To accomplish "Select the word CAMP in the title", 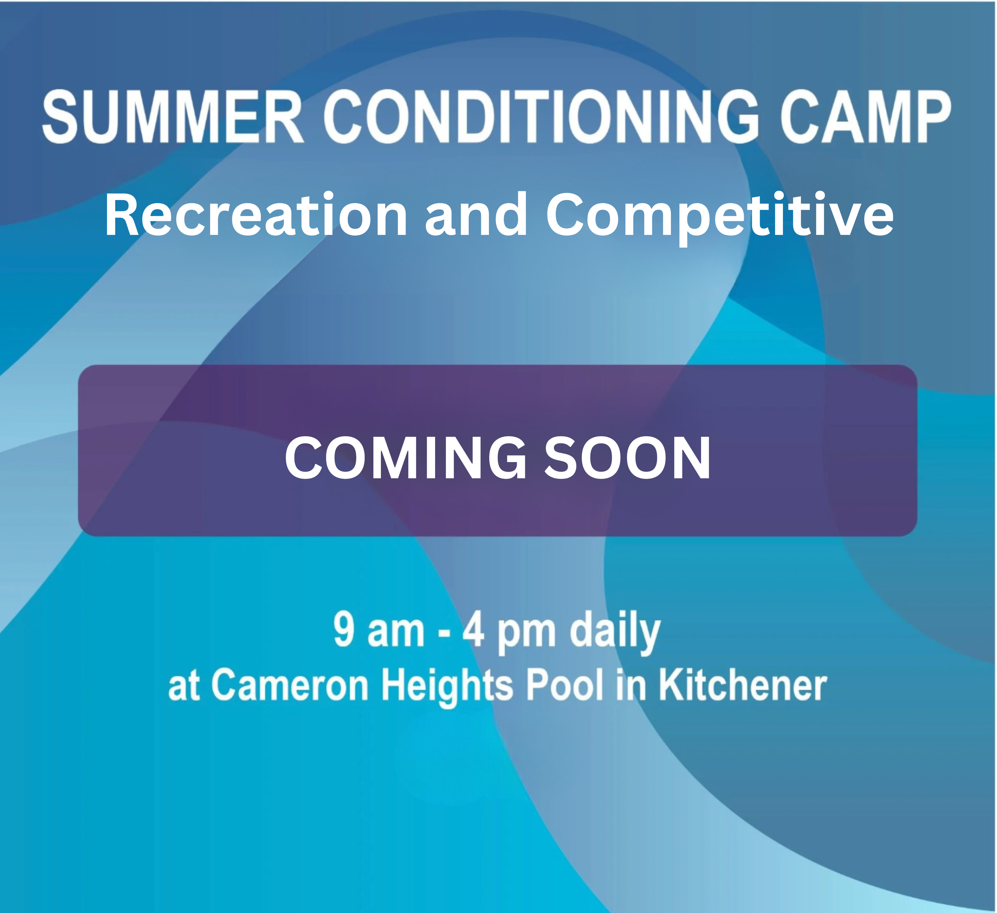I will click(x=865, y=118).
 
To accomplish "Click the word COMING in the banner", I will click(x=406, y=458).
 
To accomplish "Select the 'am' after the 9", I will click(x=396, y=632).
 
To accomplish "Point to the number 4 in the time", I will click(x=473, y=630).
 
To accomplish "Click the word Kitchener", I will click(x=742, y=686).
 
